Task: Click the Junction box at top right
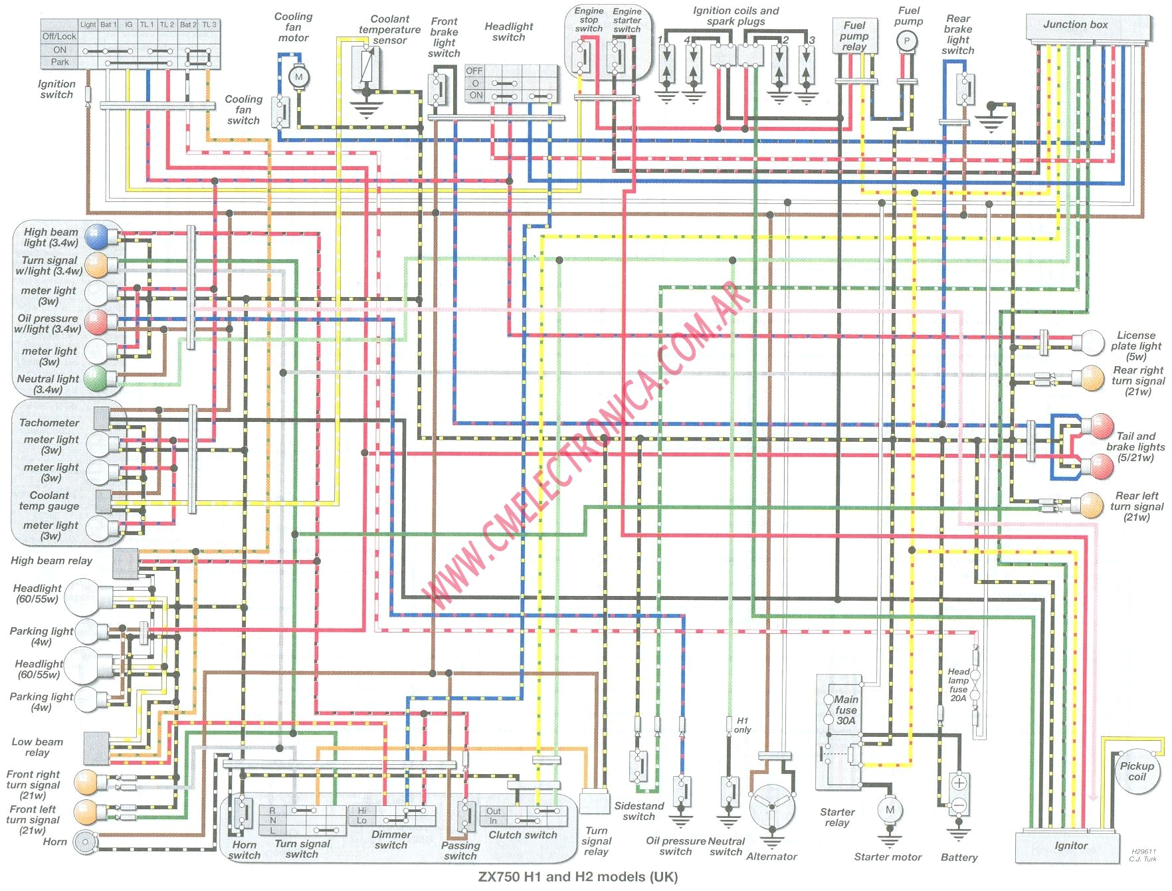pos(1075,25)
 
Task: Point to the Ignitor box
pos(1070,846)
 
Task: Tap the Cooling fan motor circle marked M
pos(298,77)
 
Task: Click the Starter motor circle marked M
pos(890,809)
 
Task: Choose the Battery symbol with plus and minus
pos(959,793)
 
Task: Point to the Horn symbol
pos(84,842)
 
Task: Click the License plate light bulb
pos(1093,342)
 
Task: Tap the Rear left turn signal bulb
pos(1092,505)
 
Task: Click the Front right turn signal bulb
pos(87,782)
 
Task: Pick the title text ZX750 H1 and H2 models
pos(577,877)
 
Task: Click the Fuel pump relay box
pos(854,37)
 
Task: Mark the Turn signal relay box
pos(594,802)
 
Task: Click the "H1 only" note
pos(742,725)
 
